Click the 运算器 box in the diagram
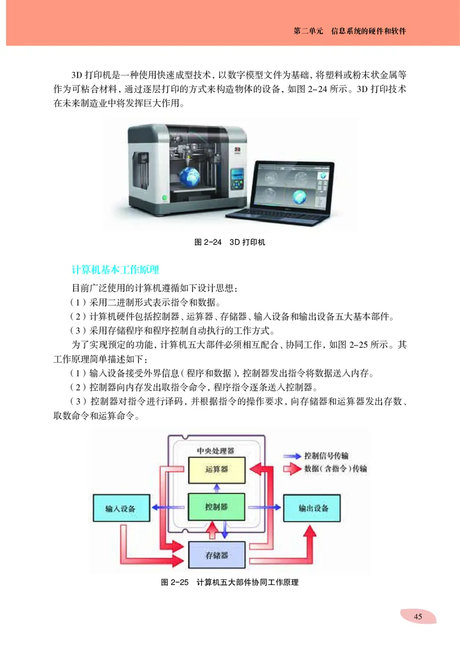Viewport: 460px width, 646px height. [216, 469]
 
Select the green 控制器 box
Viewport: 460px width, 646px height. [216, 507]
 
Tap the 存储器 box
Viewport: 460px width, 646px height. [216, 555]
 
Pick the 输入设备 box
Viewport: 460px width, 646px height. [120, 508]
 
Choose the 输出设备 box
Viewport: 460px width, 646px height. [313, 508]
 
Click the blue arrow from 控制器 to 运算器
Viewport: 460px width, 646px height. [216, 489]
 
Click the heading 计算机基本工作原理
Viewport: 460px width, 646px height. [115, 269]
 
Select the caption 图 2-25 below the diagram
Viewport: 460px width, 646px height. [230, 583]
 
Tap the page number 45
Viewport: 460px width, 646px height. [417, 617]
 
